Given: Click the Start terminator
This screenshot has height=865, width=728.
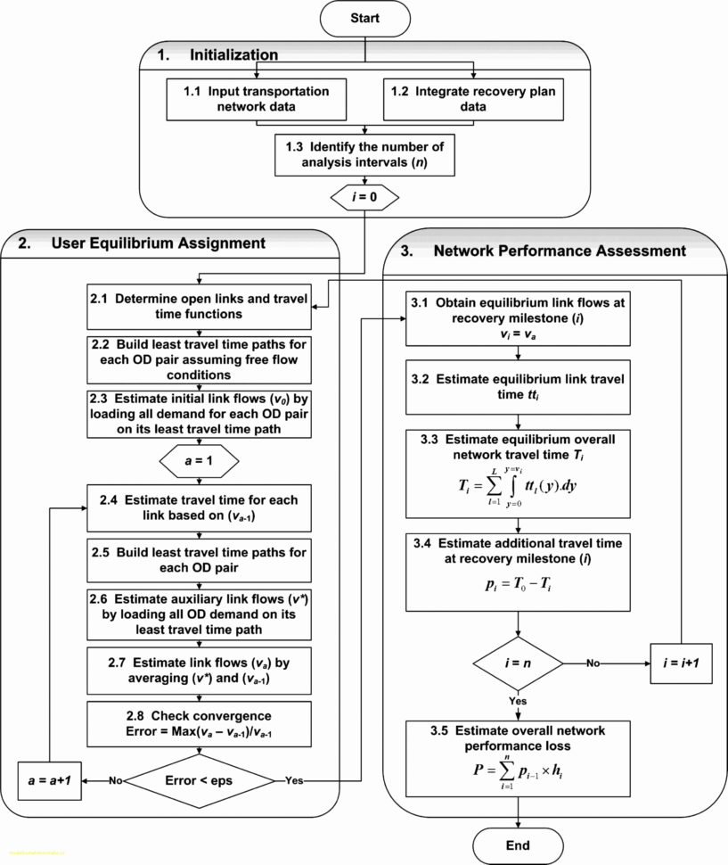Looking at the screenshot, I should pos(364,17).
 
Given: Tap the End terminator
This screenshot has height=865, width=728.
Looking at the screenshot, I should pos(518,844).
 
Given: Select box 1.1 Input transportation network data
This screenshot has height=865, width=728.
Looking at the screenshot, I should pos(257,99).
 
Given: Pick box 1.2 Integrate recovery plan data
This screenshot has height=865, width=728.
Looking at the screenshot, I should pos(473,99).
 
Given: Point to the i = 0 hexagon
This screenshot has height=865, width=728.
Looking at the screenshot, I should pos(364,197).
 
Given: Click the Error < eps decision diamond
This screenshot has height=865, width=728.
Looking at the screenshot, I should pos(199,779).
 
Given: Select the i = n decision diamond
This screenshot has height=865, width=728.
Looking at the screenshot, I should pos(518,663).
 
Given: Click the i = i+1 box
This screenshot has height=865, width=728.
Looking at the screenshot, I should pos(681,663).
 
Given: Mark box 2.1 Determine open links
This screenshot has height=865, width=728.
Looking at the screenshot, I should pos(199,308).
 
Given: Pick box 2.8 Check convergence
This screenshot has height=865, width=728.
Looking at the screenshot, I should pos(199,724).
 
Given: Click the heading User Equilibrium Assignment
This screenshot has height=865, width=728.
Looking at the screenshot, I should pos(158,243).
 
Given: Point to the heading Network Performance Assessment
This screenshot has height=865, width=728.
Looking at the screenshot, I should pos(560,251).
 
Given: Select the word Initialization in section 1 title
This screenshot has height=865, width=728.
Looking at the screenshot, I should pos(233,55).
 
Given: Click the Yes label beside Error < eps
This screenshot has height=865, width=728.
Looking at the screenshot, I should pos(294,780).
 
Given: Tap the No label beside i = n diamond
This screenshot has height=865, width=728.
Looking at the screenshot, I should pos(592,663).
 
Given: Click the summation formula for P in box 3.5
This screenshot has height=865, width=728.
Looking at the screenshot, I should pos(515,769).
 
